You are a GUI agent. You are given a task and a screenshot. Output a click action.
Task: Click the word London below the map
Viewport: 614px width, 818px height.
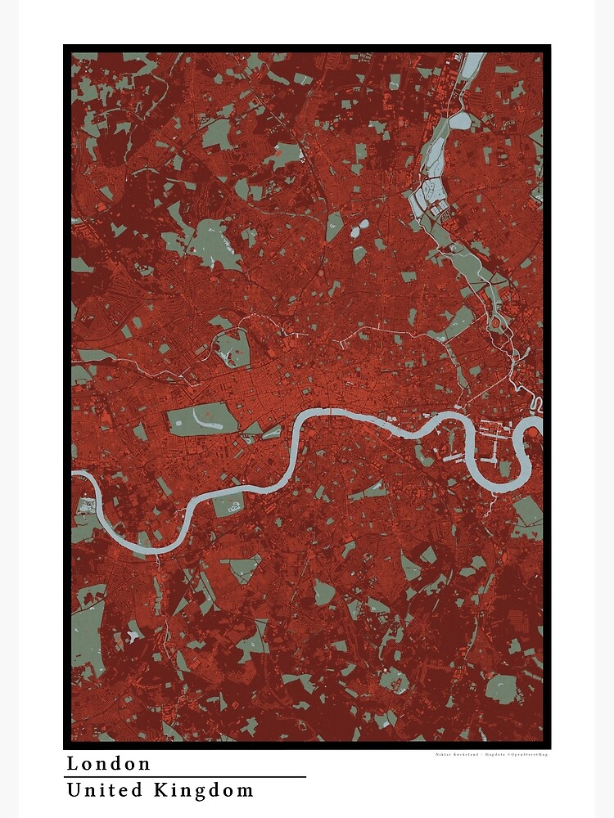pyautogui.click(x=109, y=764)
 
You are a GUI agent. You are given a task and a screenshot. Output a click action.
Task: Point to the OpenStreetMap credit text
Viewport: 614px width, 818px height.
pyautogui.click(x=524, y=754)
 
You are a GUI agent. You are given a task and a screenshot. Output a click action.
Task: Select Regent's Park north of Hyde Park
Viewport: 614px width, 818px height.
pyautogui.click(x=232, y=348)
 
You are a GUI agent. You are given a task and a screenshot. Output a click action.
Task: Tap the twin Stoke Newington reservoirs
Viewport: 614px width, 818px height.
pyautogui.click(x=359, y=230)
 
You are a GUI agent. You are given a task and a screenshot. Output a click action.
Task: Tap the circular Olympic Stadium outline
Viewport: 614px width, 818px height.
pyautogui.click(x=496, y=324)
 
